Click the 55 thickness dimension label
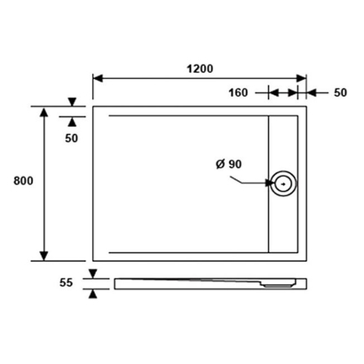(x=65, y=283)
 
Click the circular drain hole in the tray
(x=285, y=185)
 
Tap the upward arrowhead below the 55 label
(x=93, y=294)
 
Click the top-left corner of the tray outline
(x=93, y=107)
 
